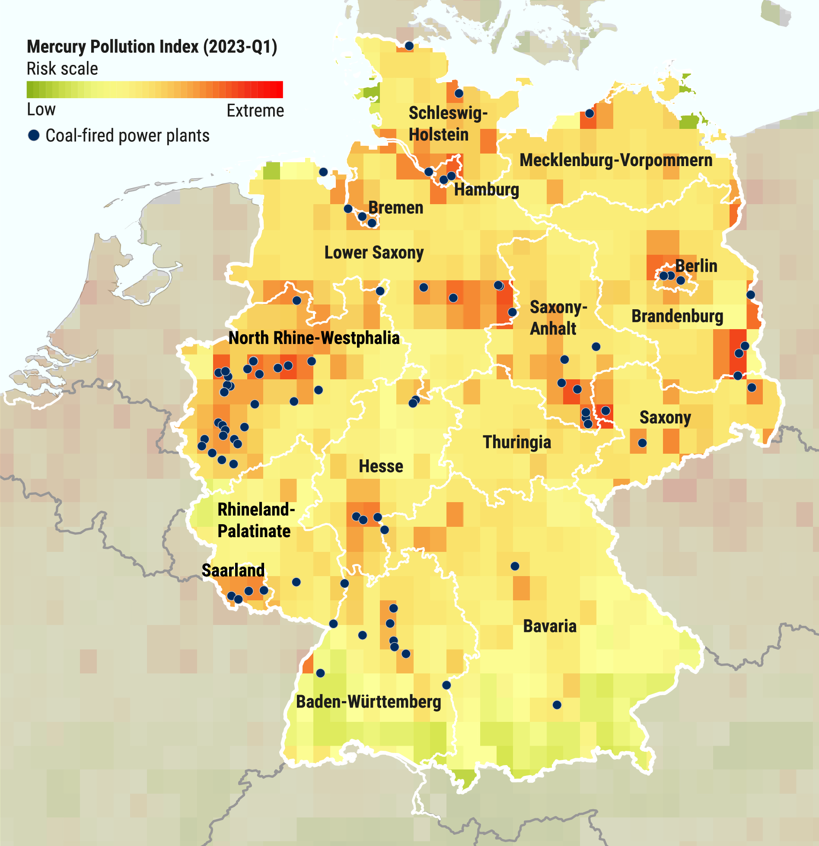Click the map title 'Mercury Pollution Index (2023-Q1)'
[x=152, y=47]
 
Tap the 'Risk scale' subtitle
[x=62, y=69]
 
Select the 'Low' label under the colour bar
[x=41, y=110]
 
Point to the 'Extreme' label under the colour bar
[x=255, y=111]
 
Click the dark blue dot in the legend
[x=34, y=135]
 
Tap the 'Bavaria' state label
[x=549, y=626]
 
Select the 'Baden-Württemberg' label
[x=368, y=702]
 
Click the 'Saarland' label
[x=233, y=570]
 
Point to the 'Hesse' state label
[x=381, y=466]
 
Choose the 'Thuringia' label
[x=516, y=442]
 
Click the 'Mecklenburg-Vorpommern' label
[x=615, y=160]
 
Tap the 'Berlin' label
[x=696, y=266]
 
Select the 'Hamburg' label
[x=486, y=189]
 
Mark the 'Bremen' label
[x=395, y=208]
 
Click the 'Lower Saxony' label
[x=374, y=253]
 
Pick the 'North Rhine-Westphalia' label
[x=314, y=338]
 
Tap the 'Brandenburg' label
[x=677, y=316]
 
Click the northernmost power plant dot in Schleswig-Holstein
[x=409, y=46]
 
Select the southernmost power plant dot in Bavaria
[x=557, y=705]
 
